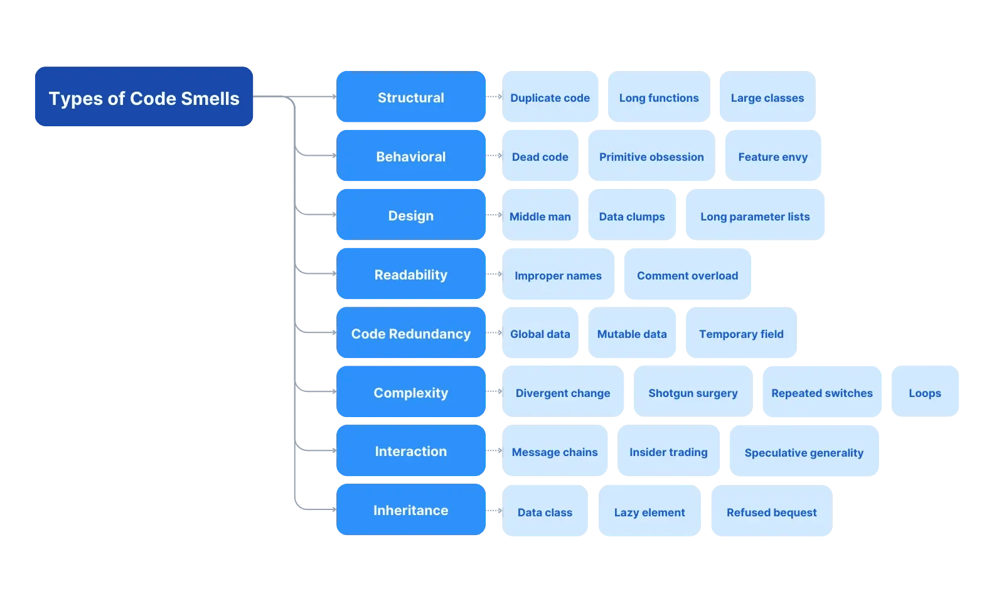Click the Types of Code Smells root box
[x=144, y=97]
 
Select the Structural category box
[x=410, y=97]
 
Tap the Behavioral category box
[x=410, y=156]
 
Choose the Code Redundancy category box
[x=410, y=333]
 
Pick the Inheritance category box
[x=410, y=509]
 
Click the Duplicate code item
[x=550, y=97]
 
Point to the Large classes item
[x=767, y=97]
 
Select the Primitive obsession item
[x=651, y=156]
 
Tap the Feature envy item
[x=772, y=156]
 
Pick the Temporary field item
[x=741, y=333]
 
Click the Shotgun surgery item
[x=693, y=392]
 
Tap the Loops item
[x=924, y=392]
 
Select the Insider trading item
[x=668, y=451]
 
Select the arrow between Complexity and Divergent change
[x=494, y=391]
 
